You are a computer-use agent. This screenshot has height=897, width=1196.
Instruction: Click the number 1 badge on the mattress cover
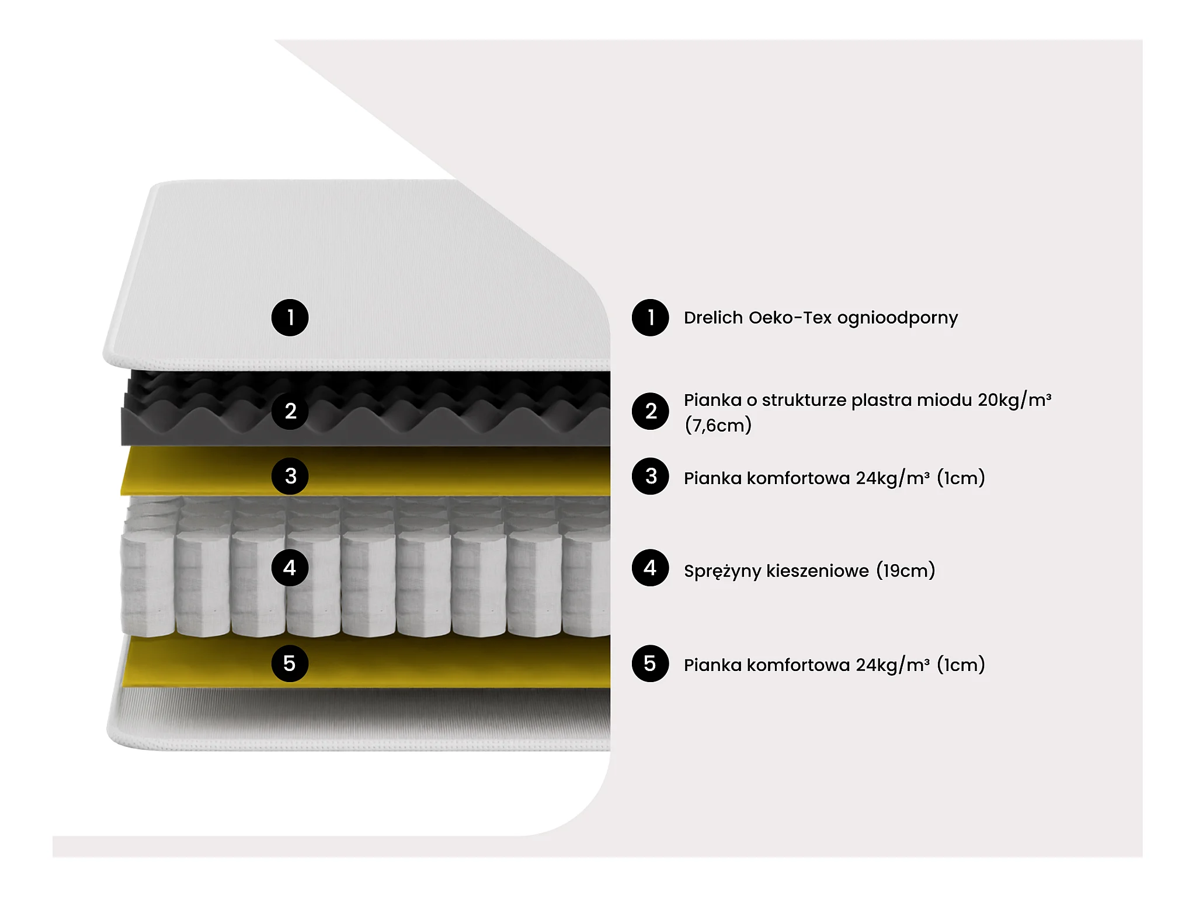coord(290,318)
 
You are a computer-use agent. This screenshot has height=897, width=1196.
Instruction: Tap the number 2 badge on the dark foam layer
coord(290,411)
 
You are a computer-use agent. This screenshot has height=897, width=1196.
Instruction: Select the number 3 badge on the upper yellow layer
coord(290,476)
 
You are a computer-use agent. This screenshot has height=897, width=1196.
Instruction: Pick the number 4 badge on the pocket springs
coord(290,568)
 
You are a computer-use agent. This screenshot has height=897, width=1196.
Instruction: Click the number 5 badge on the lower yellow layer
coord(290,663)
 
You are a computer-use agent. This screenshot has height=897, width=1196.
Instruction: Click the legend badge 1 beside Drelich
coord(650,318)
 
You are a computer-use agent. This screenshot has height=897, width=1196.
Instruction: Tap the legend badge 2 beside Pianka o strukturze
coord(650,411)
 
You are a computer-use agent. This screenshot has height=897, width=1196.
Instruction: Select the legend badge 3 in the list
coord(650,476)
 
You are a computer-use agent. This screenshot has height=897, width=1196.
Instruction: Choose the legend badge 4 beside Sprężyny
coord(650,568)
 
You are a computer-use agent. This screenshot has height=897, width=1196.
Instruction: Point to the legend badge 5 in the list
coord(650,663)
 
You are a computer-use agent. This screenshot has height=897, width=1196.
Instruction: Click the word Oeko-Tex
coord(790,318)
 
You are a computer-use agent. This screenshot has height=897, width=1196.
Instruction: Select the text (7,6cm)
coord(718,425)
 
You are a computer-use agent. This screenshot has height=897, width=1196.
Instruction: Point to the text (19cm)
coord(906,571)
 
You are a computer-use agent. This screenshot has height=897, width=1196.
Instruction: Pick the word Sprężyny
coord(722,571)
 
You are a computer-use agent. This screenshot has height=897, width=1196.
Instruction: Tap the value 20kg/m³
coord(1014,400)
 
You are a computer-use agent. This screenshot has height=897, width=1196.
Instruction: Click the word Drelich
coord(713,318)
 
